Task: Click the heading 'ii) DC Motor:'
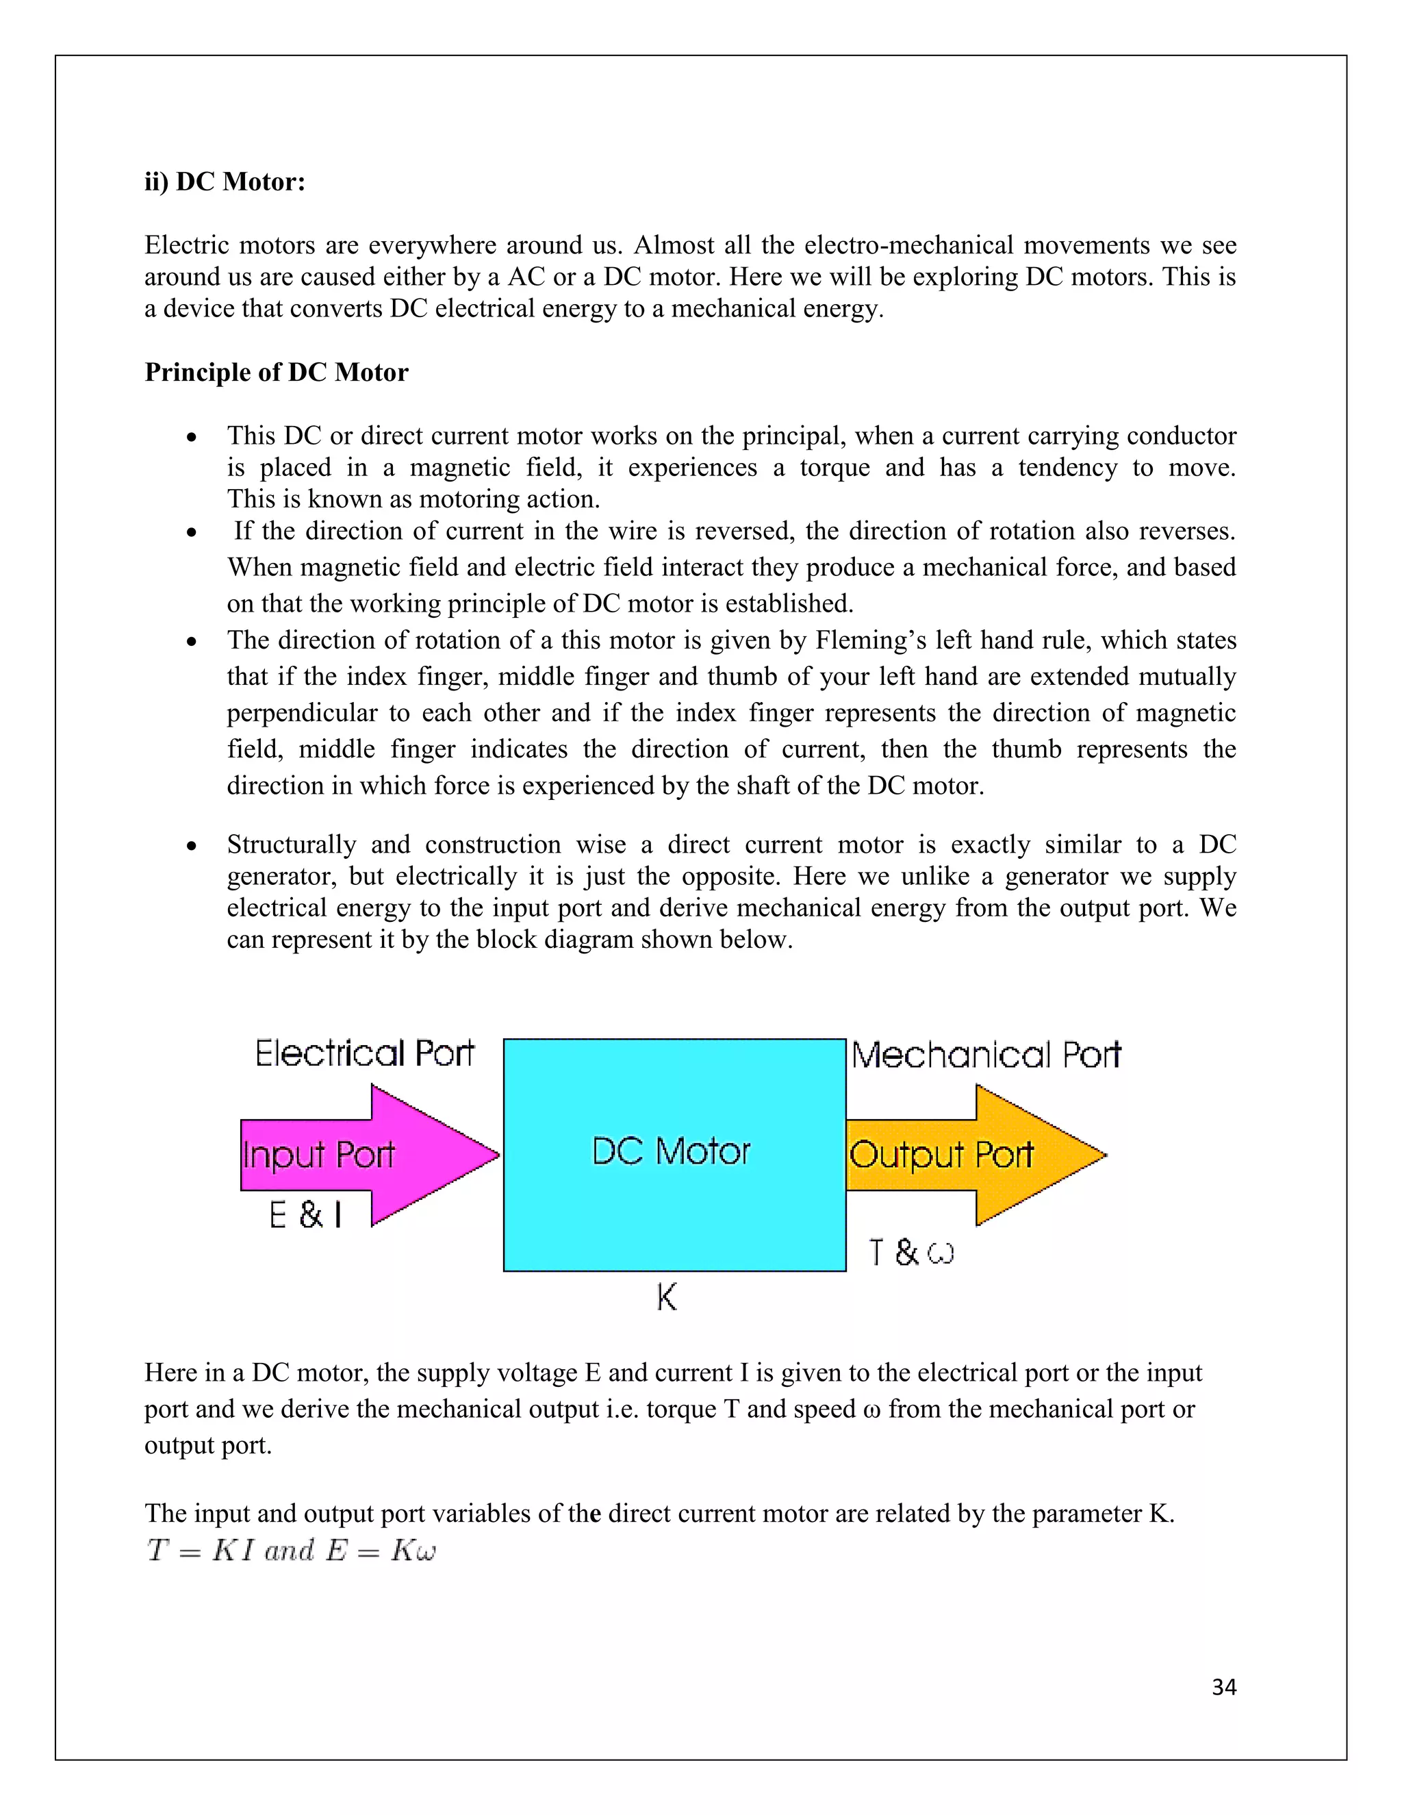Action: tap(225, 182)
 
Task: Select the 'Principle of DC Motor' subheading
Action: tap(277, 373)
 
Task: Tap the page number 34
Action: tap(1223, 1687)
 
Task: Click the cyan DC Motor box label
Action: tap(671, 1153)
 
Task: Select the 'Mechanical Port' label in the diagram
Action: tap(986, 1055)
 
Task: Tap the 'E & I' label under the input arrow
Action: tap(305, 1216)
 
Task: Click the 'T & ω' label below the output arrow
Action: tap(911, 1253)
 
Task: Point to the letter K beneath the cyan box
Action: tap(667, 1297)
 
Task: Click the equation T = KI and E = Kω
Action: tap(291, 1551)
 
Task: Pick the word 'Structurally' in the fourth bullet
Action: tap(292, 845)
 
